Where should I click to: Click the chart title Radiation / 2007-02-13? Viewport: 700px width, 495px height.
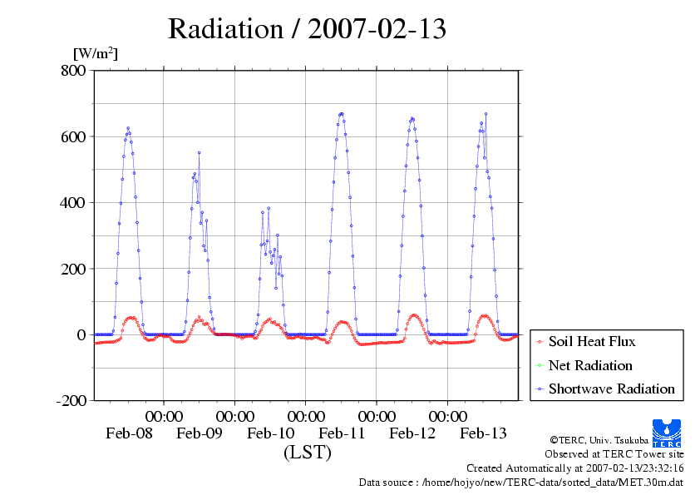[x=307, y=29]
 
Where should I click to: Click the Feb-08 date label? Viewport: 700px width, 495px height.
[x=129, y=433]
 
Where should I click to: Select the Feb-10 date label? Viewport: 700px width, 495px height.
[x=271, y=433]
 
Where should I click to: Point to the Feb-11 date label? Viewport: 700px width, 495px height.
[x=342, y=433]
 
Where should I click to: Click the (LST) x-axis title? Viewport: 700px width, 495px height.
[x=307, y=453]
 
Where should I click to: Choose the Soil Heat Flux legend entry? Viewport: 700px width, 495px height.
[x=592, y=341]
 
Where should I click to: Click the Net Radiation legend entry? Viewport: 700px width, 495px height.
[x=590, y=365]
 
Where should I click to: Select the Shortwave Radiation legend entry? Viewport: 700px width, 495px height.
[x=611, y=389]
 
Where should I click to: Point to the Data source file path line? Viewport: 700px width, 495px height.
[x=520, y=482]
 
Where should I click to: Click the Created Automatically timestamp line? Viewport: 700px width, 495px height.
[x=574, y=468]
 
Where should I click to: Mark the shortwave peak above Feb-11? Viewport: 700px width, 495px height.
[x=341, y=114]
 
